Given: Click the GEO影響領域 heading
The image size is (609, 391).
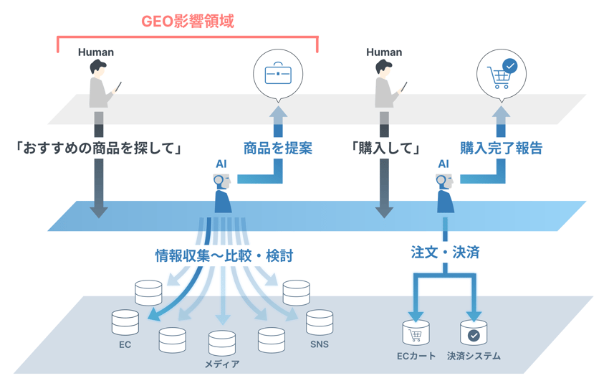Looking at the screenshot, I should pyautogui.click(x=188, y=21).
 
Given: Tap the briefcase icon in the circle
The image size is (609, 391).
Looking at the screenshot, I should pyautogui.click(x=278, y=75).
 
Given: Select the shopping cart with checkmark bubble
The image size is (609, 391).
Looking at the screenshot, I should pyautogui.click(x=502, y=75).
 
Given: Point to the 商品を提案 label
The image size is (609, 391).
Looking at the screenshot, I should pyautogui.click(x=277, y=149).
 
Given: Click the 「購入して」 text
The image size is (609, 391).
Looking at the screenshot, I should pyautogui.click(x=385, y=149).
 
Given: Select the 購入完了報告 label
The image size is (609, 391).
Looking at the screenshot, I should pyautogui.click(x=501, y=149).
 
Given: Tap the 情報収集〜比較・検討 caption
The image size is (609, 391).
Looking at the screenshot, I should pyautogui.click(x=224, y=255).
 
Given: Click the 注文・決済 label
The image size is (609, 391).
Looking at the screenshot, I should pyautogui.click(x=445, y=252).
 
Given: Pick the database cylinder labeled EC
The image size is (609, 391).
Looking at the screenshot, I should pyautogui.click(x=125, y=323).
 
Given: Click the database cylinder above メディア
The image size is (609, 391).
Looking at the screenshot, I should pyautogui.click(x=222, y=343).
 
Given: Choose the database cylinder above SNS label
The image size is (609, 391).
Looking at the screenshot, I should pyautogui.click(x=320, y=323).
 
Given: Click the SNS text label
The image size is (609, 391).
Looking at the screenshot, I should pyautogui.click(x=320, y=345).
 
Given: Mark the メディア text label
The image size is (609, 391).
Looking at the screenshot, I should pyautogui.click(x=222, y=364).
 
